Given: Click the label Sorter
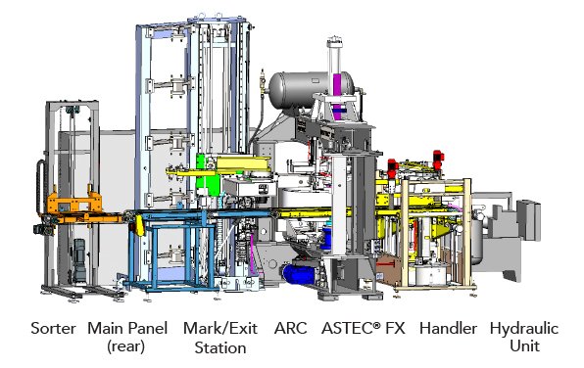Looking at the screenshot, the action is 53,329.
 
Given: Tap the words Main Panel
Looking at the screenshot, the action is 127,329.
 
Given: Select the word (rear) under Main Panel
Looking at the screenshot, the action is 125,346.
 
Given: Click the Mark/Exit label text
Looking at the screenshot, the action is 220,329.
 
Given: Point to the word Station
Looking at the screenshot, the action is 220,347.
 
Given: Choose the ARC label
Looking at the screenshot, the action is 290,329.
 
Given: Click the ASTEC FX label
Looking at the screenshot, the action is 364,329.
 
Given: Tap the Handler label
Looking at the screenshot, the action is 448,329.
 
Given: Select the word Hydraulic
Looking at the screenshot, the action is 524,329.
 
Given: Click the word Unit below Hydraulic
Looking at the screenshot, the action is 524,346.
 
